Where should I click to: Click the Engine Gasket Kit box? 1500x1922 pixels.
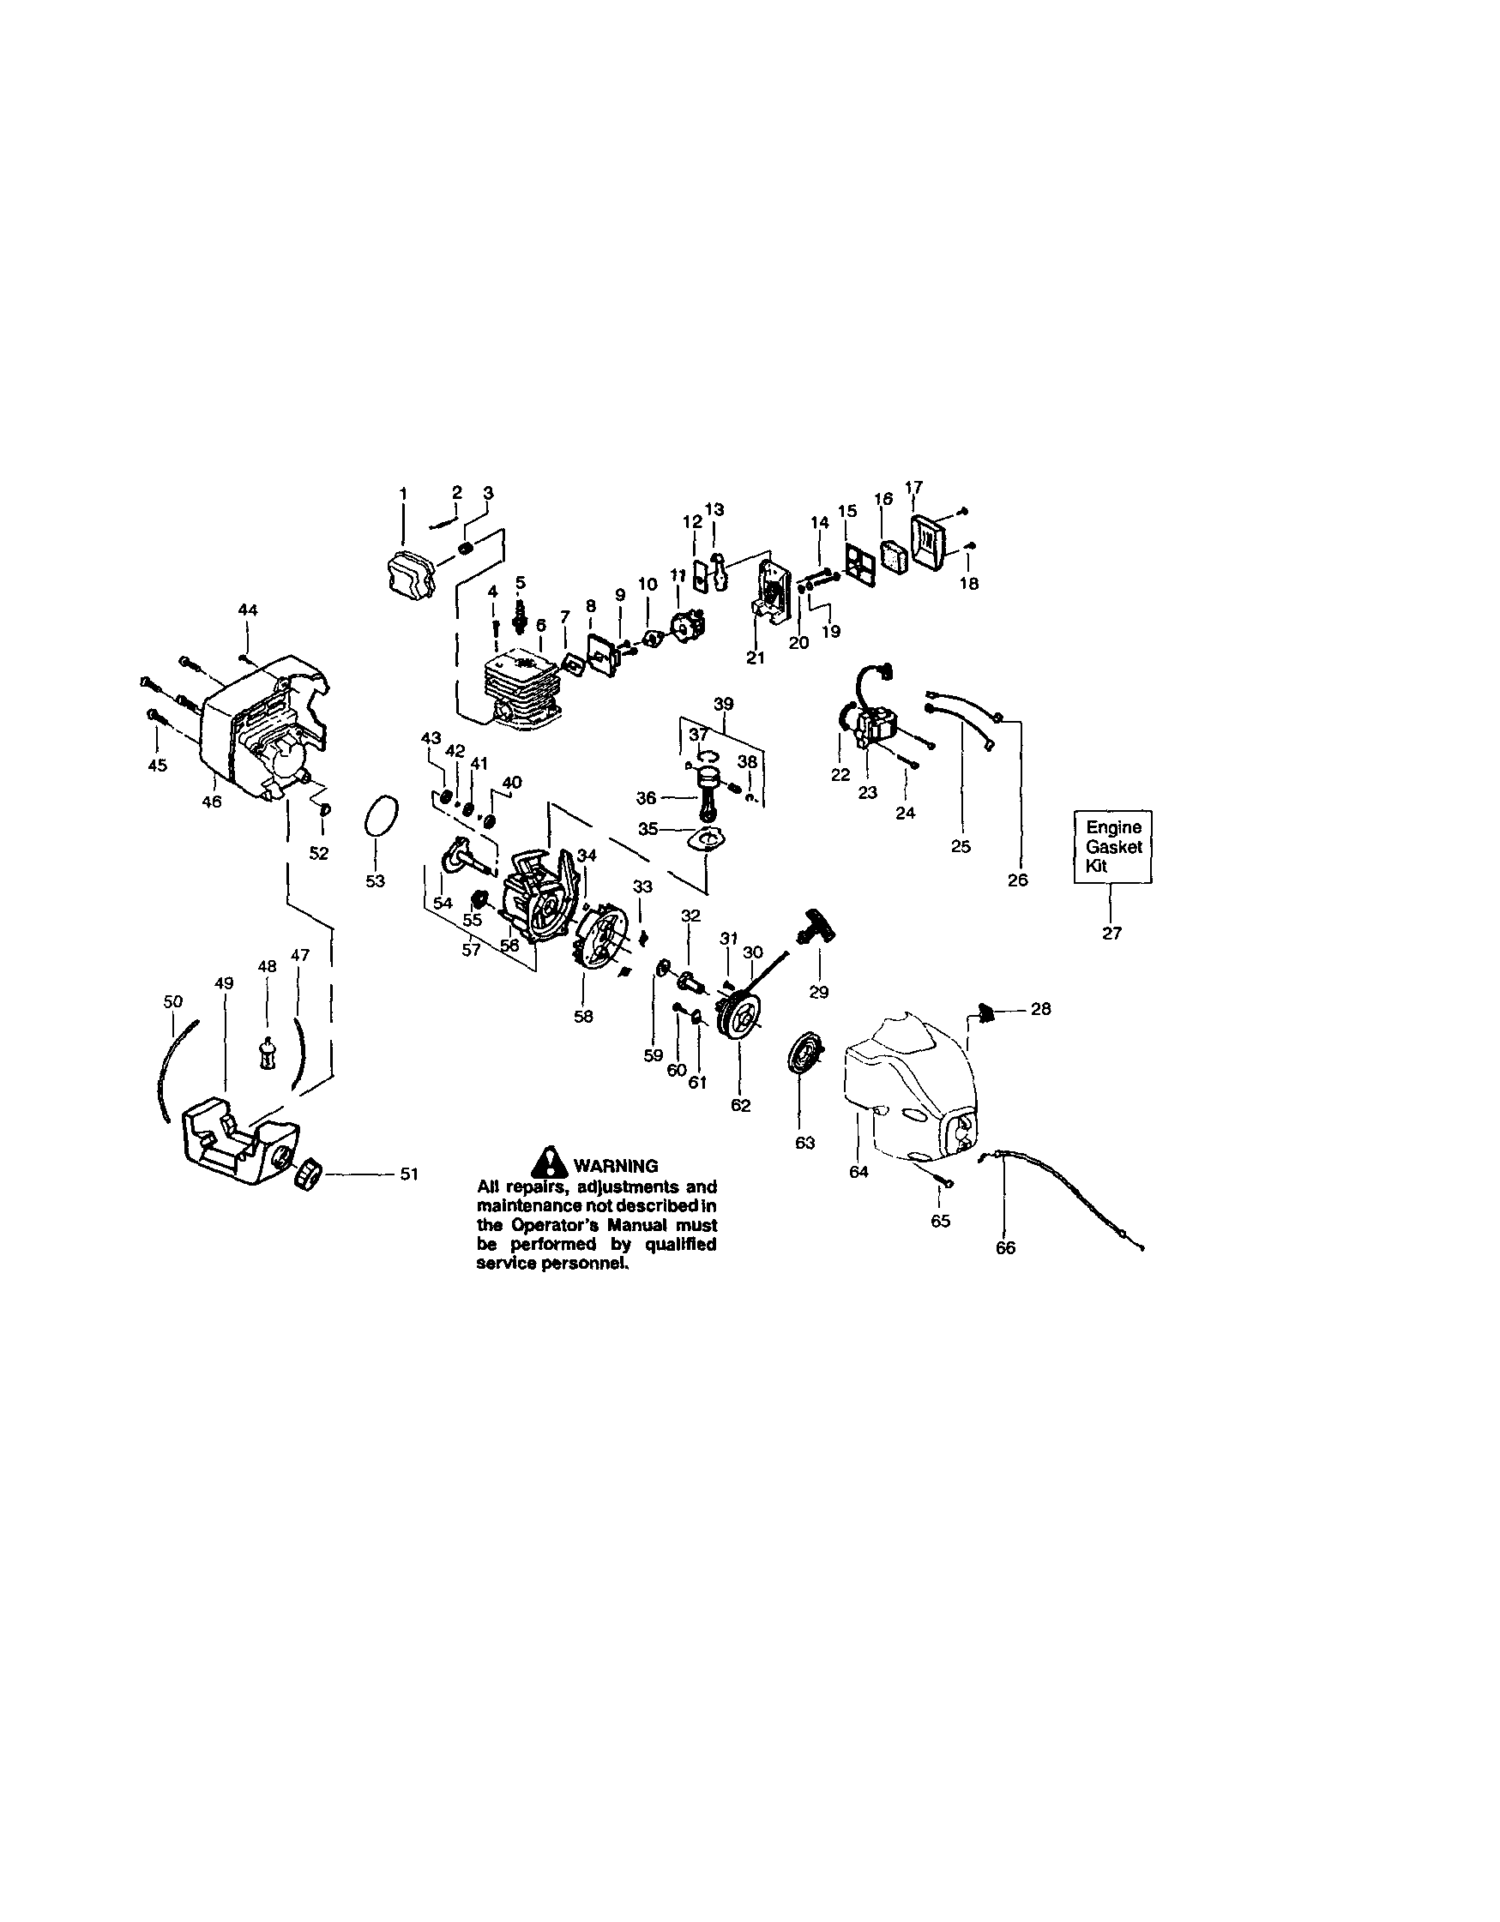(x=1112, y=847)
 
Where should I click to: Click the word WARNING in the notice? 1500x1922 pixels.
(x=615, y=1166)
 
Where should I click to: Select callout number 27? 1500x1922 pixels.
(x=1111, y=934)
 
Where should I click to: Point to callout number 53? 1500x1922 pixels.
(x=375, y=881)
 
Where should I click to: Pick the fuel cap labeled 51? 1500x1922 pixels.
(x=309, y=1174)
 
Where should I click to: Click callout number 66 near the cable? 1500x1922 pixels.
(x=1005, y=1248)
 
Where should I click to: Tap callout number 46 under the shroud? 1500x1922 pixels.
(x=212, y=802)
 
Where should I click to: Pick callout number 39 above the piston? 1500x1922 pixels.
(x=724, y=704)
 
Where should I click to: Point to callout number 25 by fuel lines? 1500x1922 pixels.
(x=961, y=847)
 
